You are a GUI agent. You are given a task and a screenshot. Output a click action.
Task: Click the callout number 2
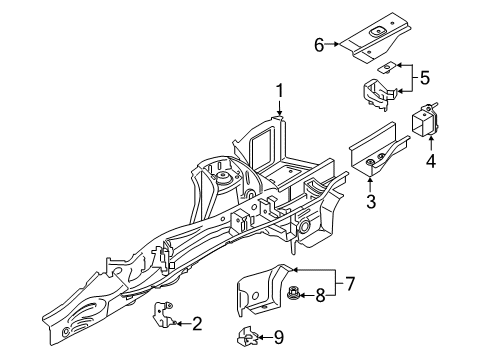pos(197,322)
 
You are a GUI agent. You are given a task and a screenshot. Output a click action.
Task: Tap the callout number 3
pos(370,203)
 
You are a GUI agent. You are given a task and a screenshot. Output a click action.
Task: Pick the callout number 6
pos(319,44)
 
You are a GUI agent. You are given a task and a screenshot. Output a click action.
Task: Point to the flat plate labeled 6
pos(375,39)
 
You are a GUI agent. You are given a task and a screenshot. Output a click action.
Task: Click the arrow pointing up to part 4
pos(431,142)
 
